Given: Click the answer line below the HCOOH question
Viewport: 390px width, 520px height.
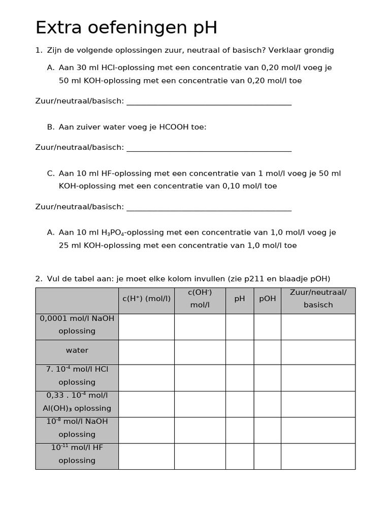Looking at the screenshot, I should (209, 150).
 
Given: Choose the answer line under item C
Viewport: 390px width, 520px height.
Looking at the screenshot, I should (209, 210).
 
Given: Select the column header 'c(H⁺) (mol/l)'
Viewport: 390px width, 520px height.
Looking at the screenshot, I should (146, 299).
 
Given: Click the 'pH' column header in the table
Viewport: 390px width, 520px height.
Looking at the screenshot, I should (239, 299).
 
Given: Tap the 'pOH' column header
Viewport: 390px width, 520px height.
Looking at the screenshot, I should (267, 299).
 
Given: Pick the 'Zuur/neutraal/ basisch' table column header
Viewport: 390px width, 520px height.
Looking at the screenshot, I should (318, 299).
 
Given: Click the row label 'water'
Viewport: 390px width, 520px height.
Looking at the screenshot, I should (77, 350).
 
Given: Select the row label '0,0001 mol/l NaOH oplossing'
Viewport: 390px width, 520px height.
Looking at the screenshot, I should (77, 324).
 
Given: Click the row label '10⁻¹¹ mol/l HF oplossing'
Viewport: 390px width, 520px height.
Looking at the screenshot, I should (77, 454).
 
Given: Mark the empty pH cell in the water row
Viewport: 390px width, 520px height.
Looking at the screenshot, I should (239, 352).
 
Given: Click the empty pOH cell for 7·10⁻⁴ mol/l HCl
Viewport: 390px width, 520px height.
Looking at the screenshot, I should (267, 377).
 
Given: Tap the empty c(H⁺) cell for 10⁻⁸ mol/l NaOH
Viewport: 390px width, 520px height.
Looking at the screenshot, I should (146, 430).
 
